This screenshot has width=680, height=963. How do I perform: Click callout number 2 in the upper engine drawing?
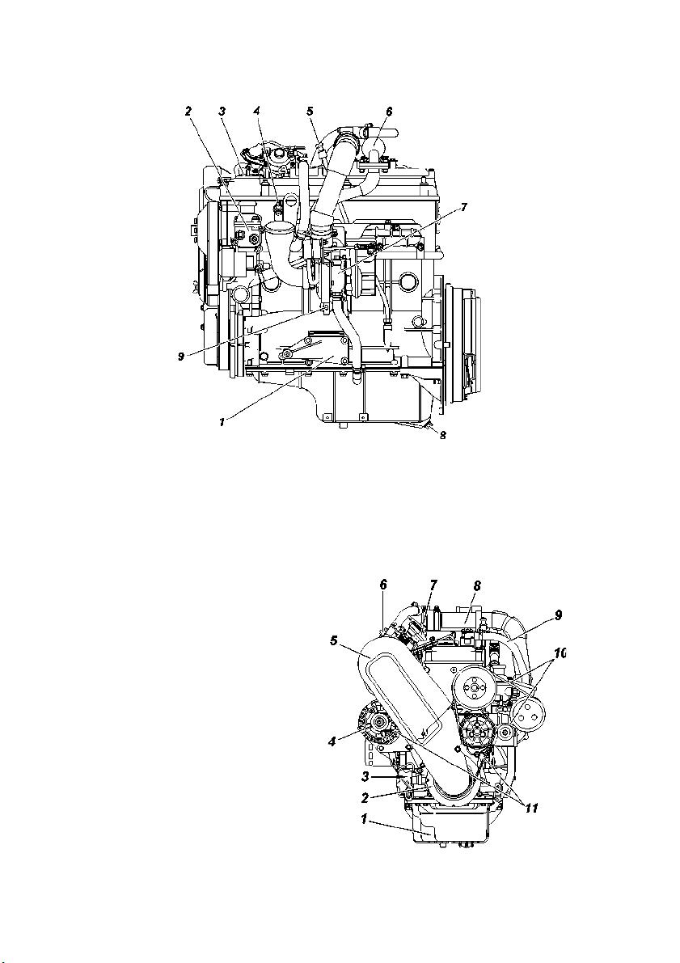tap(188, 111)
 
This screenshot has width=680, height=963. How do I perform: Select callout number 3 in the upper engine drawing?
tap(222, 111)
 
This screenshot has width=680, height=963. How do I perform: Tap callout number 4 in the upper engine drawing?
tap(257, 111)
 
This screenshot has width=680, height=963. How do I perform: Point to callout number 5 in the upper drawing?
tap(310, 111)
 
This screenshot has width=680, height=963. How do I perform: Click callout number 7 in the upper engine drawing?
tap(464, 208)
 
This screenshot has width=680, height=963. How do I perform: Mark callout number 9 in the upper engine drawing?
tap(181, 357)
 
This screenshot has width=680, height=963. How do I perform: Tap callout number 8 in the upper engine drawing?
tap(442, 435)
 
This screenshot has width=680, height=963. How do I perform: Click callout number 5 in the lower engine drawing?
tap(334, 641)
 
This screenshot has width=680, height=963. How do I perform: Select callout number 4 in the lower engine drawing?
tap(332, 741)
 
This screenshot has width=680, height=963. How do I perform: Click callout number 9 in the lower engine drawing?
tap(559, 615)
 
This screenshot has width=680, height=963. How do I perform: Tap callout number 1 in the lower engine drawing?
tap(365, 819)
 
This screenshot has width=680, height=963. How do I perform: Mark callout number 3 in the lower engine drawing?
tap(365, 777)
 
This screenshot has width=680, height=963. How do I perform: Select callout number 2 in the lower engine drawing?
tap(365, 798)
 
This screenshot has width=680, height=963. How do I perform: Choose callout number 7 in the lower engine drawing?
tap(433, 585)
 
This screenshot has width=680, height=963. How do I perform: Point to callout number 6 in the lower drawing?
tap(383, 585)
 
